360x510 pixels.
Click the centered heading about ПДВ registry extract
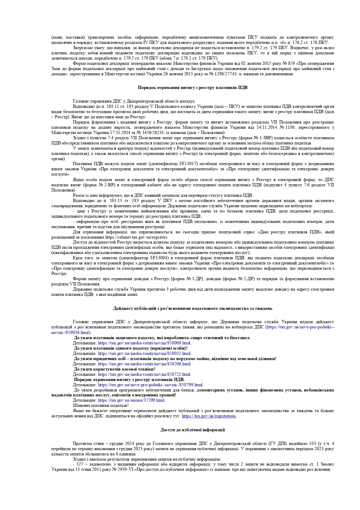[x=192, y=87]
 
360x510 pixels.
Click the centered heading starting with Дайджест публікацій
[x=192, y=308]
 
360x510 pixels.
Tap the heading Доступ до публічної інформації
[x=192, y=430]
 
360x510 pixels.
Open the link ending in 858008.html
[x=144, y=343]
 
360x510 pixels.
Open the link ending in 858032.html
[x=144, y=353]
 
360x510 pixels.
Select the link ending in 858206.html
[x=144, y=364]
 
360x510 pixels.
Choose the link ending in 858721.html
[x=144, y=374]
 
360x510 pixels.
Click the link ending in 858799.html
[x=150, y=385]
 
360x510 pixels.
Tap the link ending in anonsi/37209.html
[x=131, y=400]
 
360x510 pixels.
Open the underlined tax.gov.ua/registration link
[x=209, y=416]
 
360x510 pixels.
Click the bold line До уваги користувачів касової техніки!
[x=115, y=369]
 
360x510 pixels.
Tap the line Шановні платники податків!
[x=101, y=405]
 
